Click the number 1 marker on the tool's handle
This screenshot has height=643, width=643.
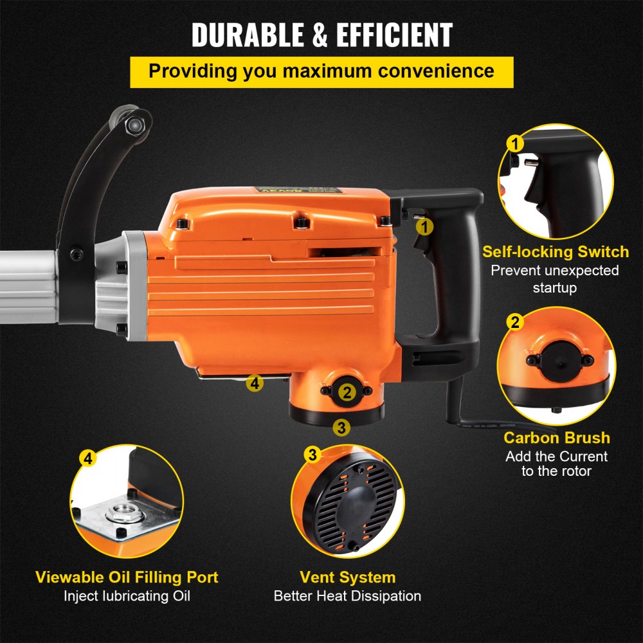[424, 226]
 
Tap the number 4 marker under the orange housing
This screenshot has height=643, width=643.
[255, 384]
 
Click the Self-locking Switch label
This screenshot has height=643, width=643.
[556, 251]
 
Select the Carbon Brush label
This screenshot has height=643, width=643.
[556, 438]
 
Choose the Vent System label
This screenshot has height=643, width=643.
[347, 577]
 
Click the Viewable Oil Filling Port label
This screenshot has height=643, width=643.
[127, 577]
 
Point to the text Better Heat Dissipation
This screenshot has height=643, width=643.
[347, 596]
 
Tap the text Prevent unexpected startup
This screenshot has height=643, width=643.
[555, 278]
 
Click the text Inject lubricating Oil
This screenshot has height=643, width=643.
[127, 596]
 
